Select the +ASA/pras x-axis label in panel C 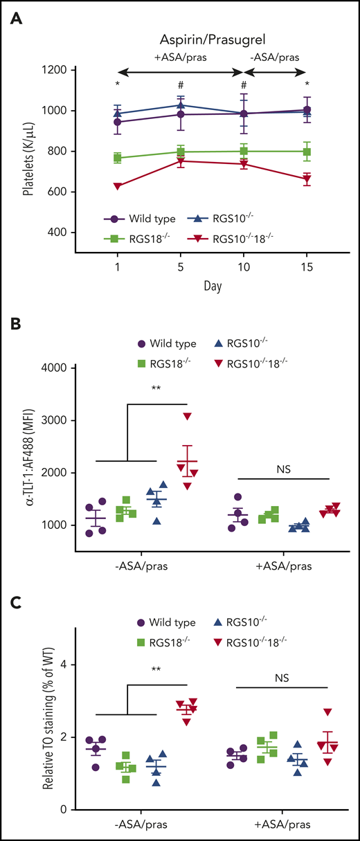pyautogui.click(x=282, y=826)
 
